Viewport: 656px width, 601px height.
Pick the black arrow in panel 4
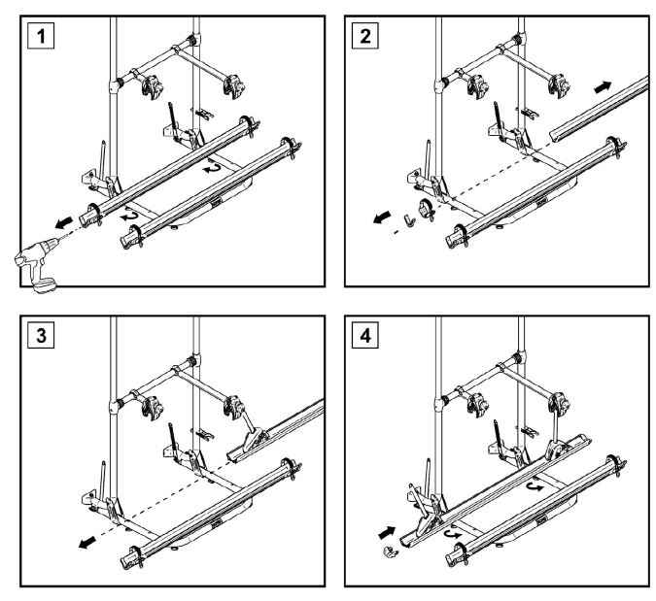[386, 531]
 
